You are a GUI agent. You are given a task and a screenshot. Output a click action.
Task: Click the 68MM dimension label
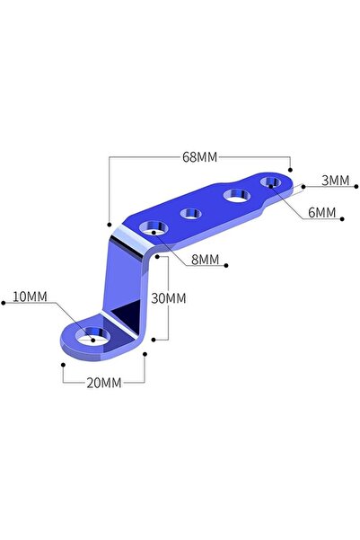click(x=200, y=157)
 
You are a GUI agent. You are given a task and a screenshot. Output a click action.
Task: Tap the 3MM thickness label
click(x=335, y=181)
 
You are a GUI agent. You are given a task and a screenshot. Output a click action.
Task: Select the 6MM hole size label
click(x=321, y=212)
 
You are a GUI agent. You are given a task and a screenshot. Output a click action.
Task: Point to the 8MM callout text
click(x=205, y=260)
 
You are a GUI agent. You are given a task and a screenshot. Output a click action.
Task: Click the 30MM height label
click(x=169, y=298)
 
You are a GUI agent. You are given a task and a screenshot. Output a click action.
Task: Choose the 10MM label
click(x=30, y=297)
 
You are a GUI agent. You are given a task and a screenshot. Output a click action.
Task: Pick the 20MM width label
click(x=104, y=383)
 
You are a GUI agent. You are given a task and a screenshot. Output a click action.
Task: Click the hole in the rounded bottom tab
click(x=92, y=336)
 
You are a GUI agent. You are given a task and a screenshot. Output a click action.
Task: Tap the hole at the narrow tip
click(x=270, y=181)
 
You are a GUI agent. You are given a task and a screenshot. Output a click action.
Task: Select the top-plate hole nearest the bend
click(x=154, y=228)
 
